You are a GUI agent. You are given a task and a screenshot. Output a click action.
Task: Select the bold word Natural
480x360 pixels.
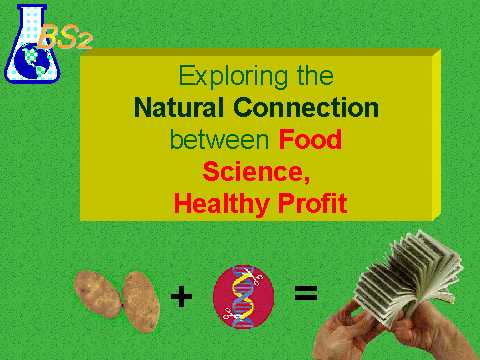[x=178, y=107]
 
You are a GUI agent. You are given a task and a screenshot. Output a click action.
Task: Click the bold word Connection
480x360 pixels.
[x=306, y=107]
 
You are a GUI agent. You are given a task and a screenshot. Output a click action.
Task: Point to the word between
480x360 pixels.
[x=219, y=139]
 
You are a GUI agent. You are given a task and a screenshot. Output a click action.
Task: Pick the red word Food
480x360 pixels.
[x=310, y=139]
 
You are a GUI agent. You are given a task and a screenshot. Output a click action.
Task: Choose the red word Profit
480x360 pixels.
[x=313, y=203]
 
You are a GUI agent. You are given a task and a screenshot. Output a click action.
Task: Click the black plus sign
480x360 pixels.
[x=181, y=296]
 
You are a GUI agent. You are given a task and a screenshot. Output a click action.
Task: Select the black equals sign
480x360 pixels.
[x=306, y=293]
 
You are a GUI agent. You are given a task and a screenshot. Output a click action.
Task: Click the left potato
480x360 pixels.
[x=98, y=294]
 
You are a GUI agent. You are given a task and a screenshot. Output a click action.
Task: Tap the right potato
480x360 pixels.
[x=141, y=302]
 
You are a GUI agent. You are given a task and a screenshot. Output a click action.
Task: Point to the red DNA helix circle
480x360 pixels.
[x=244, y=296]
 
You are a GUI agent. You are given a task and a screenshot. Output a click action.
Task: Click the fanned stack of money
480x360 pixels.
[x=407, y=278]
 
